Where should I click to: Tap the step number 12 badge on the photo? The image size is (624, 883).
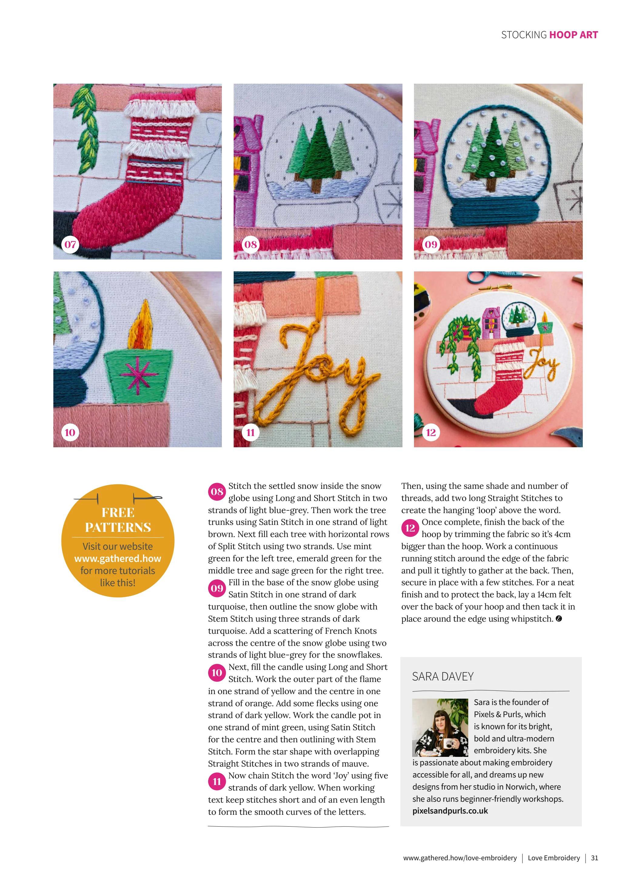(431, 432)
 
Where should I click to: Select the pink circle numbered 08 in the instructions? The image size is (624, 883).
(217, 492)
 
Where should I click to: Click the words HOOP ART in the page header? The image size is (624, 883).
(573, 35)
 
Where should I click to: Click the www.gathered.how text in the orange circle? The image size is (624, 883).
(118, 559)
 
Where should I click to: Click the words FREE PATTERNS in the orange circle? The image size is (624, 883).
(118, 520)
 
